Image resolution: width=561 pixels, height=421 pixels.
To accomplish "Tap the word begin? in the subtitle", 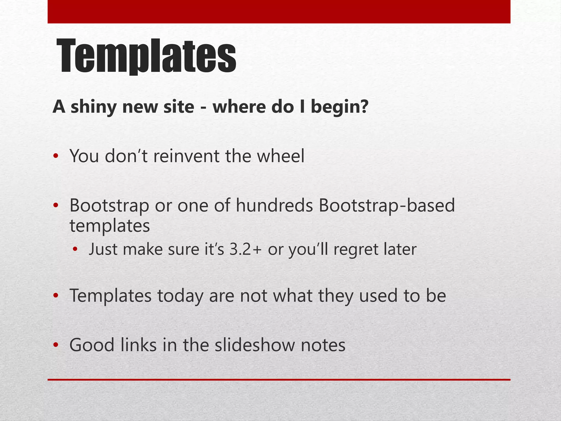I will coord(339,107).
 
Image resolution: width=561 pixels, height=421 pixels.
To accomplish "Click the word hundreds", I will coord(274,205).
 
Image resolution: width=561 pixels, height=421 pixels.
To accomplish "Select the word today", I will coord(180,296).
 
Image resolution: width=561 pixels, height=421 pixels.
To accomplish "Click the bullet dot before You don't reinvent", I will coord(56,157).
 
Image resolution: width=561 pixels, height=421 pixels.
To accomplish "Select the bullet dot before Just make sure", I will coord(75,250).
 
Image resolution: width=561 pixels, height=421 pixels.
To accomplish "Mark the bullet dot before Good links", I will coord(56,345).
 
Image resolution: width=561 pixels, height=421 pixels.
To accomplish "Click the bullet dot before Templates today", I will coord(56,296).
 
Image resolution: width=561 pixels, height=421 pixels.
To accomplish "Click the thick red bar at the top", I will coord(279,12).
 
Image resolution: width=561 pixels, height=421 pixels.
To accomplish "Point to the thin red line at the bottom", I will coord(279,380).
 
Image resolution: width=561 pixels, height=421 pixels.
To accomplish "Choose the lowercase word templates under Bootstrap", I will coord(110,226).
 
